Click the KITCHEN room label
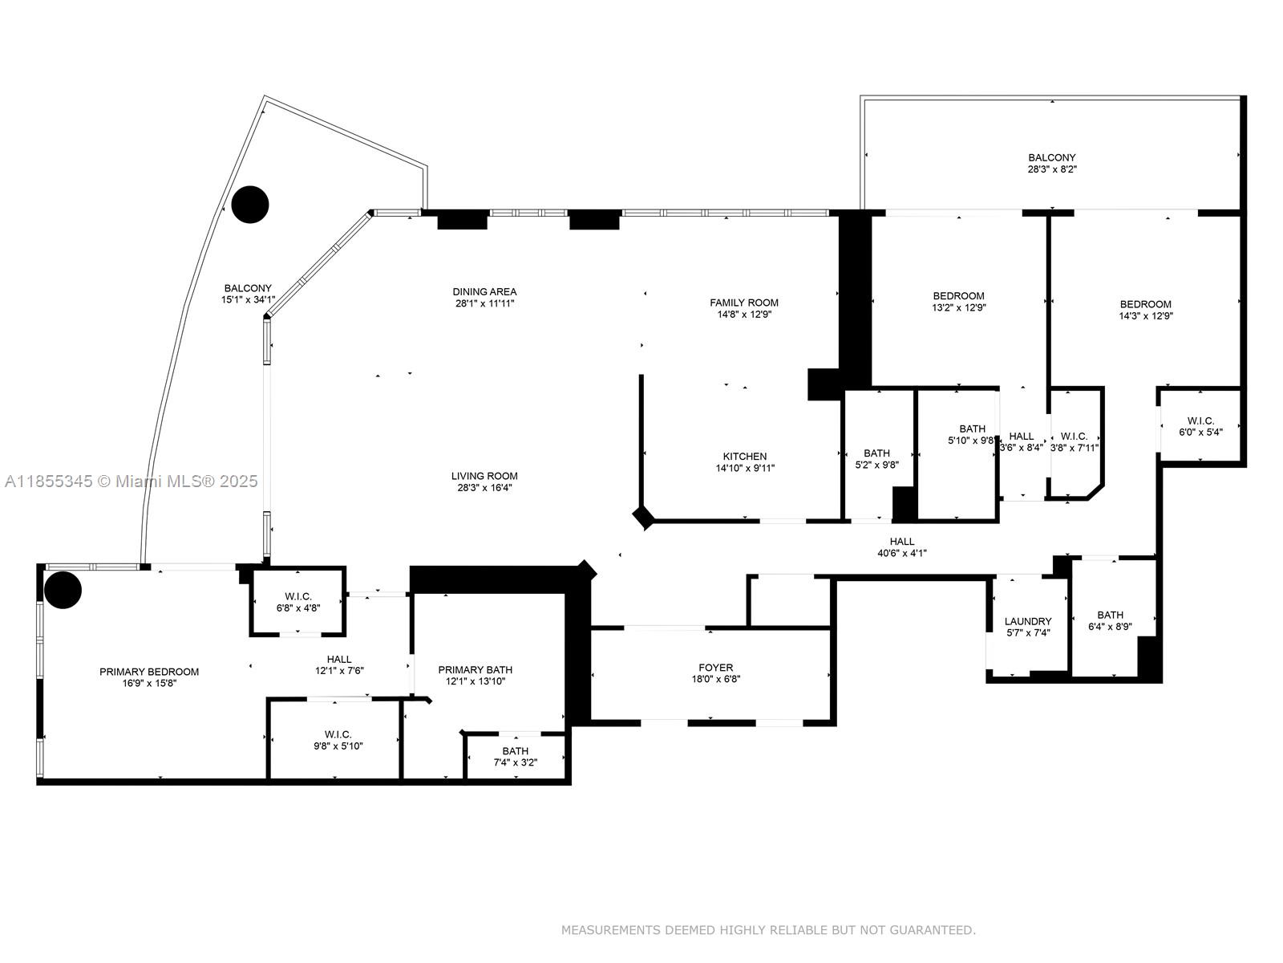[x=744, y=456]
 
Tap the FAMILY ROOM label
[x=743, y=303]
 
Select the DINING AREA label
[x=484, y=291]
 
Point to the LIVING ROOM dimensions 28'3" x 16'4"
[x=484, y=488]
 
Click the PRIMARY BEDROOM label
[x=149, y=672]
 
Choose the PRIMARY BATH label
[x=476, y=669]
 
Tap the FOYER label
[x=715, y=667]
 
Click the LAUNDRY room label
[x=1027, y=621]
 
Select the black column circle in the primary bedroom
[x=63, y=590]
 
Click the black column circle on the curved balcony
[x=249, y=205]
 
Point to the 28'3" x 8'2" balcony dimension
[x=1052, y=169]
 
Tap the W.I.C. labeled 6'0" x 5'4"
[x=1200, y=421]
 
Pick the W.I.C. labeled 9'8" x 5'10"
[x=338, y=733]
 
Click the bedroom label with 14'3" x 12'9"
[x=1145, y=304]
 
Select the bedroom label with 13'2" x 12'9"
[x=958, y=295]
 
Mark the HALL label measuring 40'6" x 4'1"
[x=901, y=541]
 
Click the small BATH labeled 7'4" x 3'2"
[x=516, y=751]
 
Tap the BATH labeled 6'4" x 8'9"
[x=1110, y=616]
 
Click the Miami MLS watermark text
[x=131, y=481]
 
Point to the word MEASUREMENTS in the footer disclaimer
[x=611, y=930]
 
